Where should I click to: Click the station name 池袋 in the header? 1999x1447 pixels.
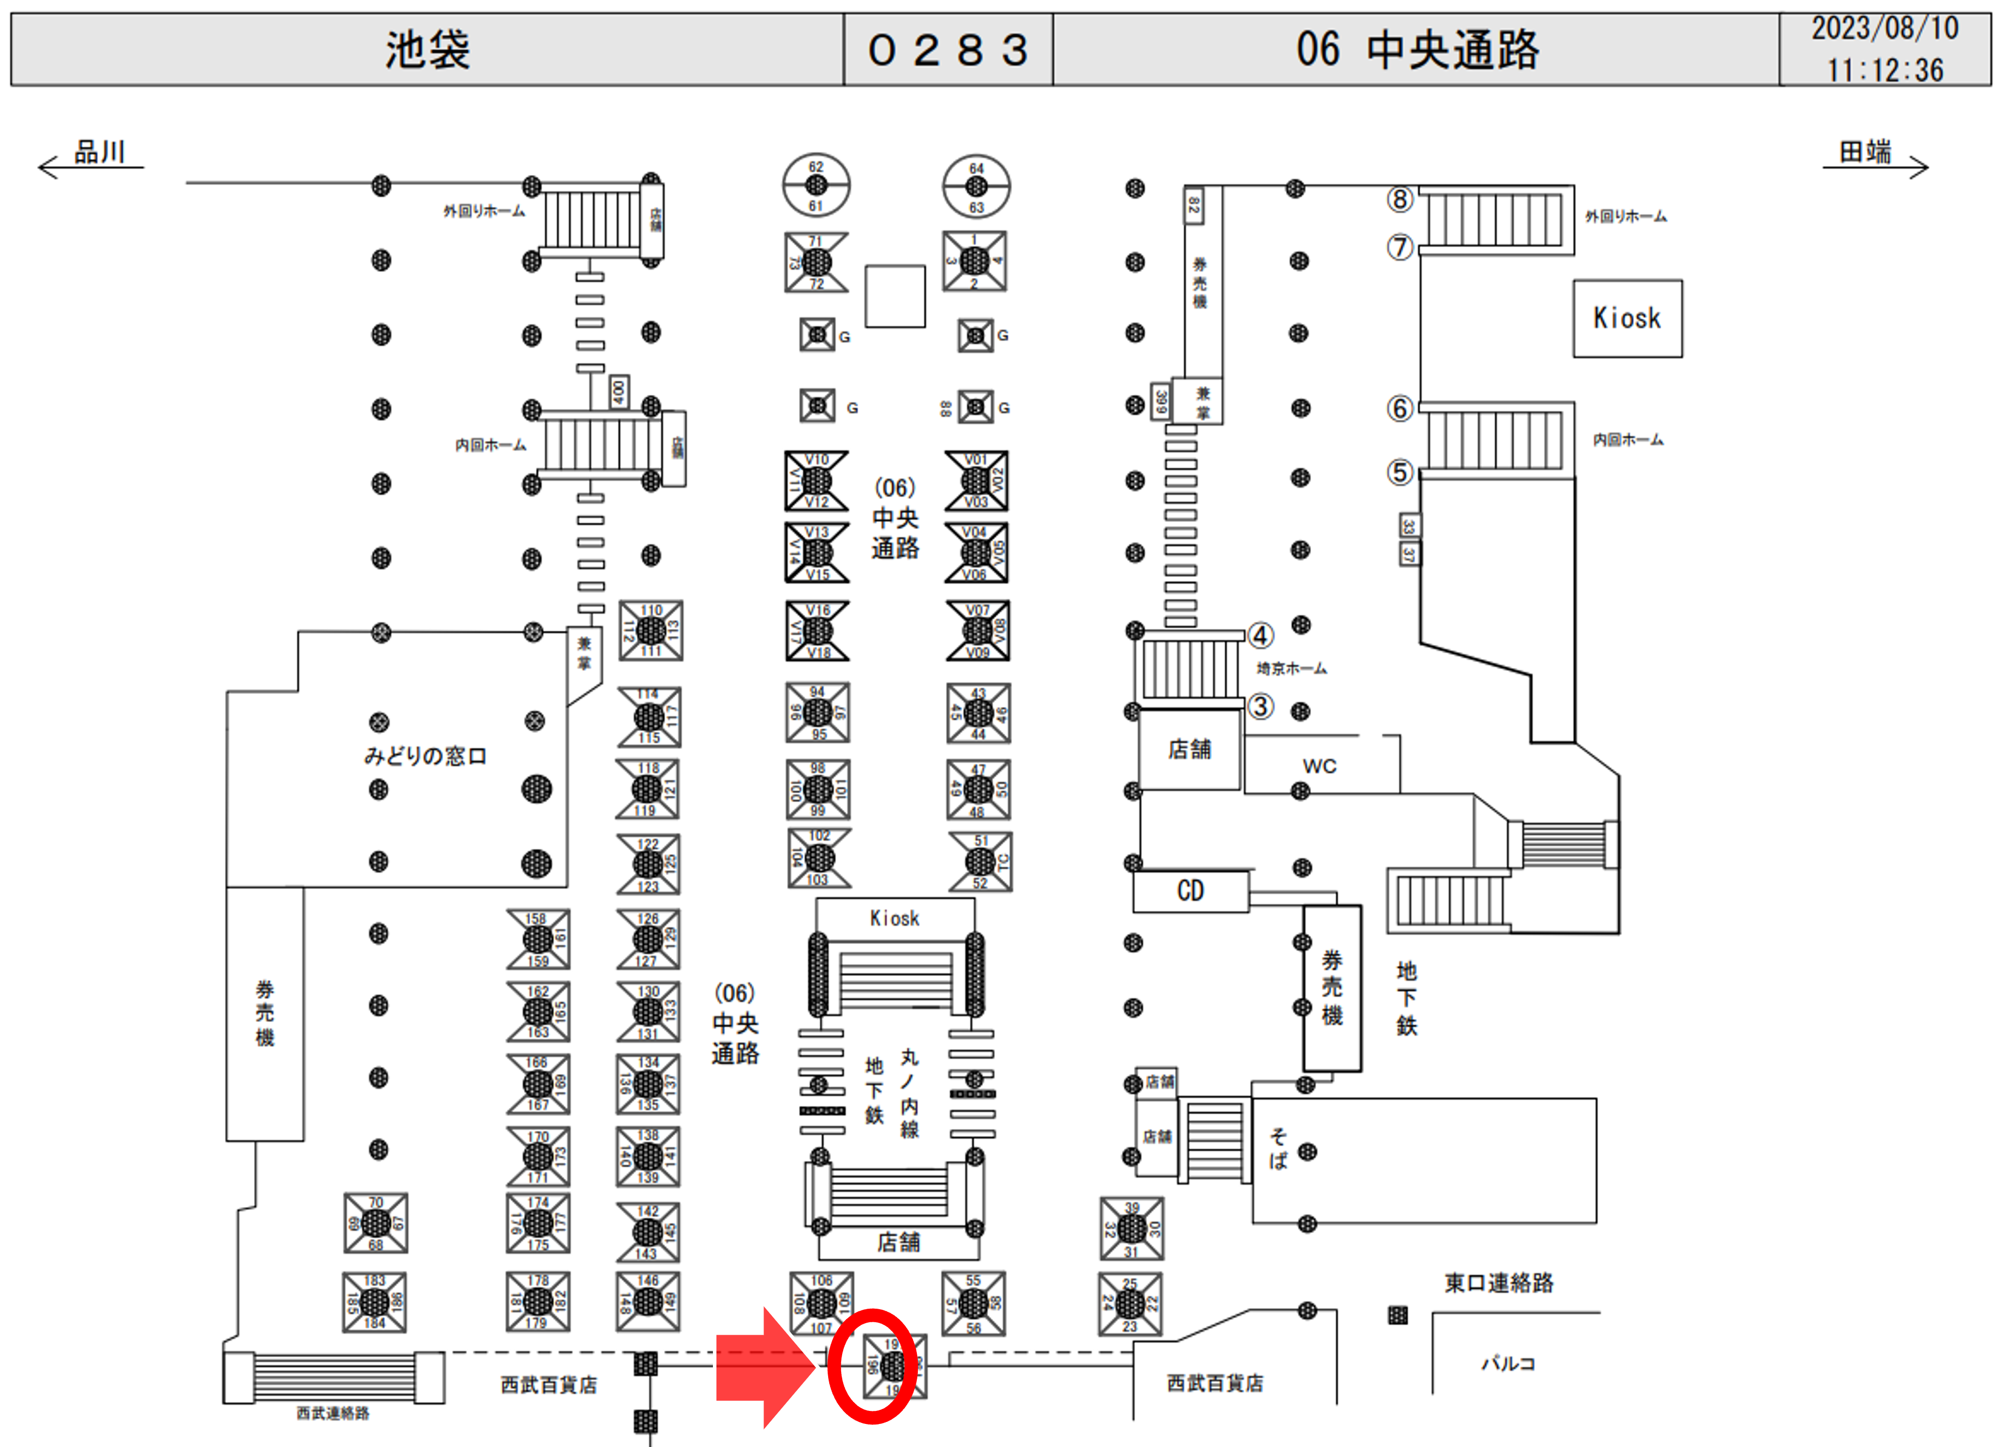click(x=427, y=49)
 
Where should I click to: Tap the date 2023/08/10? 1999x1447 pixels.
click(x=1884, y=28)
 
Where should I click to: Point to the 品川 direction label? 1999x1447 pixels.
click(x=99, y=152)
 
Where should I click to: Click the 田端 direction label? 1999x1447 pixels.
click(x=1864, y=152)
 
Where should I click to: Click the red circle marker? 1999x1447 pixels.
click(x=873, y=1365)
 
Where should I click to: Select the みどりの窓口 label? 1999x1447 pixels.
click(x=425, y=756)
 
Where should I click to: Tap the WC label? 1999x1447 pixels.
click(x=1320, y=766)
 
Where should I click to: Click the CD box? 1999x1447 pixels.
click(x=1190, y=891)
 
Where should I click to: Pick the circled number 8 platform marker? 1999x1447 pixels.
click(x=1400, y=200)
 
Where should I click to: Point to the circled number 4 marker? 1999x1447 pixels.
click(x=1261, y=635)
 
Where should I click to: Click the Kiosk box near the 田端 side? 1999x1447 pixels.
click(x=1627, y=318)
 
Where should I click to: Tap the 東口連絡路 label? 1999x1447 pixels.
click(x=1498, y=1282)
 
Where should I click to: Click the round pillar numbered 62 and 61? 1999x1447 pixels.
click(x=816, y=185)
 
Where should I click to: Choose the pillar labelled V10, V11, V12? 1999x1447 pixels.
click(x=816, y=480)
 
